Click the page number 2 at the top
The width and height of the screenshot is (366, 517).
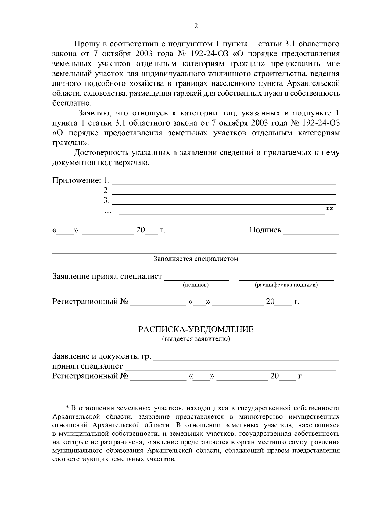[196, 27]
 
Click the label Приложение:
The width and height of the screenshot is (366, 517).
[76, 180]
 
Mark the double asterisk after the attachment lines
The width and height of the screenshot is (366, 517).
[329, 209]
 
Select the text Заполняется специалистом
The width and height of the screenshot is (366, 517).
[196, 259]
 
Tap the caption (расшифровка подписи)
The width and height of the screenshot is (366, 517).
[286, 285]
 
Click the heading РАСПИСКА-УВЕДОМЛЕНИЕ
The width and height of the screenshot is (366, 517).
[196, 329]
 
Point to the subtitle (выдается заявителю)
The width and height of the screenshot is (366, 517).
[196, 339]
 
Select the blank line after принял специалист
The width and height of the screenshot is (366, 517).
[230, 369]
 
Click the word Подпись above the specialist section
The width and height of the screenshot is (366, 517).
[265, 230]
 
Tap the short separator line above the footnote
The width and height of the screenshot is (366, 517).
[72, 398]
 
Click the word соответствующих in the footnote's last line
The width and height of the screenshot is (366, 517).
[77, 459]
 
